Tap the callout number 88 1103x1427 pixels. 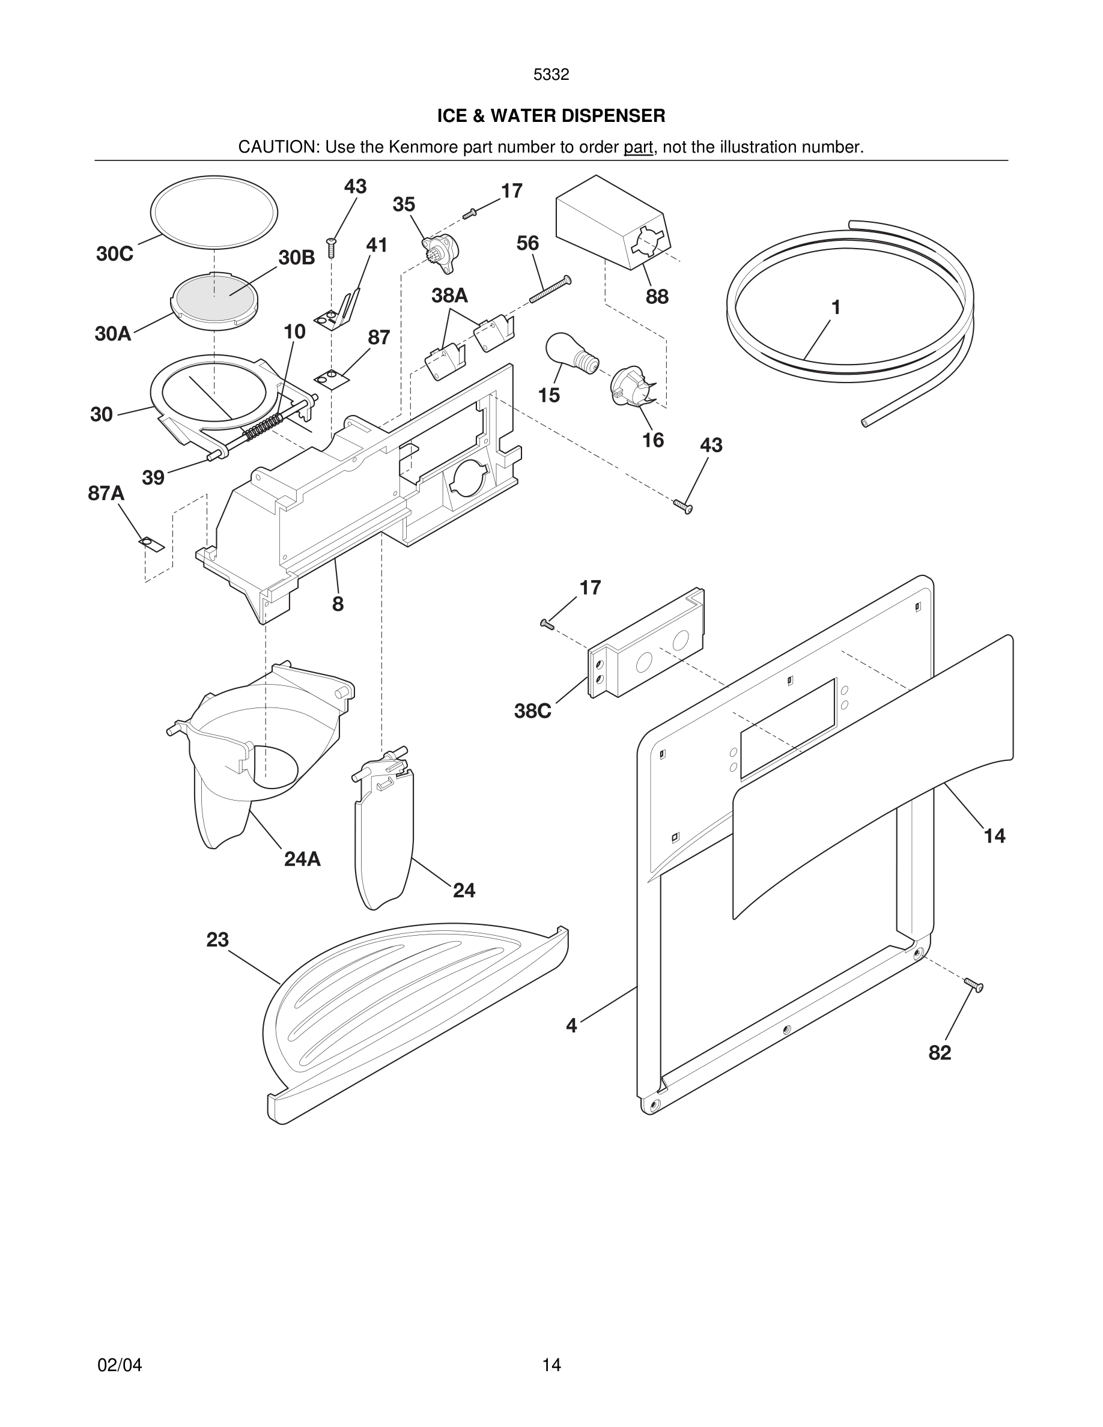point(657,297)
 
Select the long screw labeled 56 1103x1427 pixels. point(550,289)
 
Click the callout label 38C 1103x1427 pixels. point(532,711)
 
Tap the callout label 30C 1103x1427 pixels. point(114,253)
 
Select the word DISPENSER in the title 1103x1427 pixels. point(610,116)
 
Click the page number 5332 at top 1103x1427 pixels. point(551,74)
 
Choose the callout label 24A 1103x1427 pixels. point(302,859)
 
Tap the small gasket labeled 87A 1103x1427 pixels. point(151,543)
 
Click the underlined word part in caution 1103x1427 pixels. point(638,147)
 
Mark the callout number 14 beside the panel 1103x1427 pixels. point(994,835)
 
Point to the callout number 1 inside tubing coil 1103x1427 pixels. point(835,307)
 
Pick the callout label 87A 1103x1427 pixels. point(106,492)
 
